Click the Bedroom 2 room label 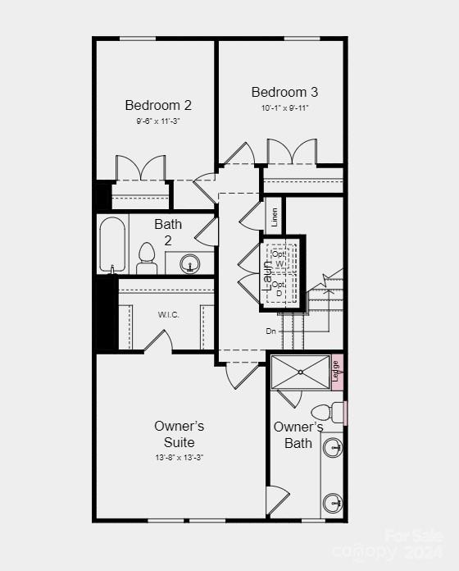[158, 105]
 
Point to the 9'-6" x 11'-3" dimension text [158, 121]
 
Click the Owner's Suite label [179, 434]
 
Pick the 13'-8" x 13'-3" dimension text [179, 457]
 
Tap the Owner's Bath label [298, 435]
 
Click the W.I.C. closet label [168, 315]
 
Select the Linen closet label [275, 217]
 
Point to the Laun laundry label [267, 273]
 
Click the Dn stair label [270, 331]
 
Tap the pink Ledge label [335, 371]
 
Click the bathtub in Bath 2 [111, 244]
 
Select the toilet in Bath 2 [148, 258]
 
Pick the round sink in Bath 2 [190, 264]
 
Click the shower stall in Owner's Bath [300, 372]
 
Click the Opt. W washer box [279, 258]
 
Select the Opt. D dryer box [279, 289]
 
